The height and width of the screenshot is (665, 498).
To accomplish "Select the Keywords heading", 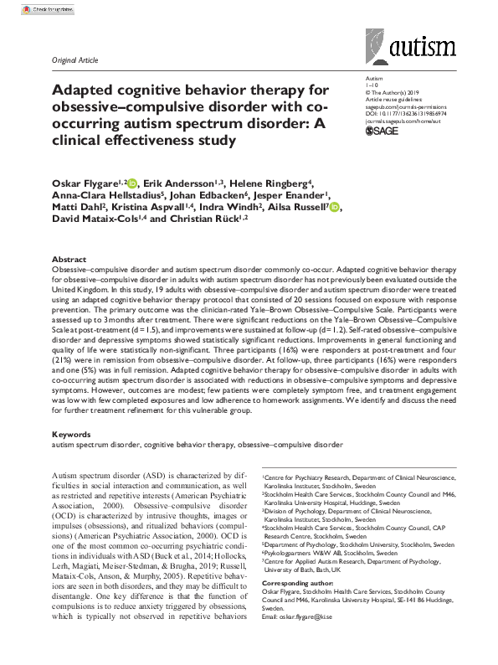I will click(x=72, y=436).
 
